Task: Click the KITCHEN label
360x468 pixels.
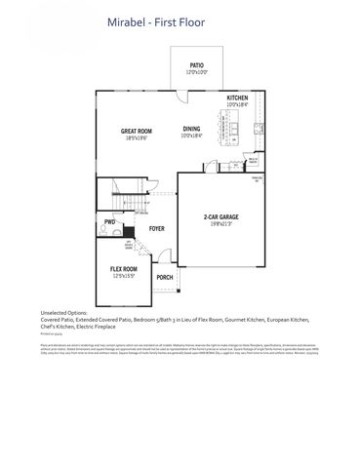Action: pyautogui.click(x=238, y=99)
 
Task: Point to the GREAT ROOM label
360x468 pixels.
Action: pyautogui.click(x=135, y=131)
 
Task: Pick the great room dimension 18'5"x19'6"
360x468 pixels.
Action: pyautogui.click(x=135, y=138)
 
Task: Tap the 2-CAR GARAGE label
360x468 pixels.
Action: pyautogui.click(x=221, y=216)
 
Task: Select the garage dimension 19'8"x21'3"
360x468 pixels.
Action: pyautogui.click(x=221, y=224)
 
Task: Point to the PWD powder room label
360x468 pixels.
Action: pyautogui.click(x=109, y=222)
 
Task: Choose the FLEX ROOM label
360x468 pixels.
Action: pyautogui.click(x=123, y=268)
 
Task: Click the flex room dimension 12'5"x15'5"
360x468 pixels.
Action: pyautogui.click(x=123, y=276)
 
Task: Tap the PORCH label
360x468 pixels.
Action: pyautogui.click(x=164, y=277)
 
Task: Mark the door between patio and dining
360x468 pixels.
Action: pyautogui.click(x=181, y=95)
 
